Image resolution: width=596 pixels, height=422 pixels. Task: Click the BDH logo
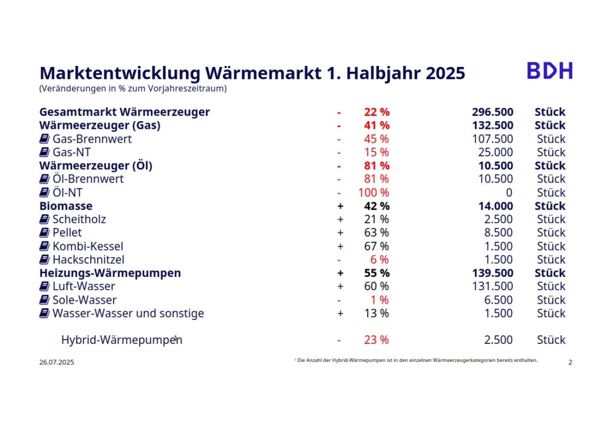coord(549,70)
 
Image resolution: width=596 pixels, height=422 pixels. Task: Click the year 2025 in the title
coord(445,73)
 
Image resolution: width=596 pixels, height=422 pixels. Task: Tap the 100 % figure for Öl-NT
coord(374,192)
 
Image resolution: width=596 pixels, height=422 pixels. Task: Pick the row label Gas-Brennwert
coord(92,139)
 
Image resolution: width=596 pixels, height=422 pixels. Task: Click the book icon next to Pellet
coord(44,233)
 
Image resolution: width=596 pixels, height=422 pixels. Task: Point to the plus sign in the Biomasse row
coord(340,206)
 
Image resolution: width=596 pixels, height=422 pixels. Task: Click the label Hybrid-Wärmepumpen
coord(121,340)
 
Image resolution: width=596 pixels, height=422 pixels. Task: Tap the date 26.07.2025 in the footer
coord(56,362)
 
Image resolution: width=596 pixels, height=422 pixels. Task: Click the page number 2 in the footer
coord(570,362)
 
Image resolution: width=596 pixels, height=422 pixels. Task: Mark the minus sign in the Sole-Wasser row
coord(339,300)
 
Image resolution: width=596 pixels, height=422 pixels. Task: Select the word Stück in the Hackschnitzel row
coord(551,259)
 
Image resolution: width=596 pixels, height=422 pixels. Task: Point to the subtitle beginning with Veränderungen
coord(133,89)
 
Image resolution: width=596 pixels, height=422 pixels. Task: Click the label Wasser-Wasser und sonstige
coord(128,314)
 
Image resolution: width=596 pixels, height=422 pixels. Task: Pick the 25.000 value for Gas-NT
coord(495,152)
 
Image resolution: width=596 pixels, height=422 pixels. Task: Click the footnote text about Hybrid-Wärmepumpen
coord(417,360)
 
